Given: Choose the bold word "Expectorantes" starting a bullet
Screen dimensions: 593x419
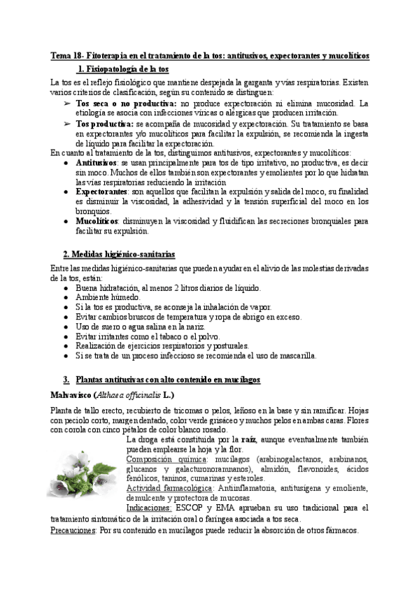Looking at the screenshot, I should pyautogui.click(x=101, y=191).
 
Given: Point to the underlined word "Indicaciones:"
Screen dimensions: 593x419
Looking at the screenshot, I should pyautogui.click(x=149, y=508).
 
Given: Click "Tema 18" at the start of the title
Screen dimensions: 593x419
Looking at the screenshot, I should pyautogui.click(x=67, y=55).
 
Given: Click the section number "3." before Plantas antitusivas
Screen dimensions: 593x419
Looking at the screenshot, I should pyautogui.click(x=66, y=379).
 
